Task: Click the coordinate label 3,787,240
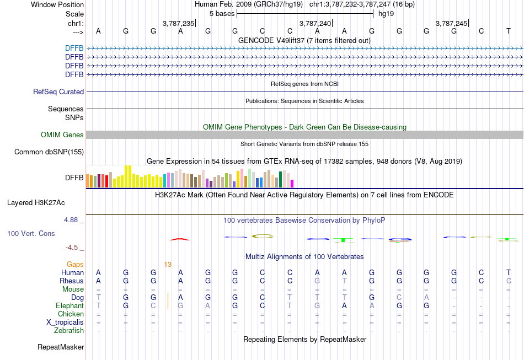pos(316,23)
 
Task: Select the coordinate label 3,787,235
pos(179,23)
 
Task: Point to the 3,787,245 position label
pos(452,23)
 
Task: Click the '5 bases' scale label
pos(222,14)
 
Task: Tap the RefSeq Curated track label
pos(58,92)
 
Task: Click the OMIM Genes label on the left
pos(62,135)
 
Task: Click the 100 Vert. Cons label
pos(31,234)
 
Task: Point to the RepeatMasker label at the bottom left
pos(61,347)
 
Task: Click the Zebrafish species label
pos(69,331)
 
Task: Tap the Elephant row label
pos(69,306)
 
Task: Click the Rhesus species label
pos(72,281)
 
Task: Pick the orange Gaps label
pos(76,265)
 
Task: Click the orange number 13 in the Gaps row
pos(168,265)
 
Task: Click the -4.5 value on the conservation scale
pos(74,248)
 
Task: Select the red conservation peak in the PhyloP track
pos(180,239)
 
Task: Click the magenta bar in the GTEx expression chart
pos(292,183)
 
